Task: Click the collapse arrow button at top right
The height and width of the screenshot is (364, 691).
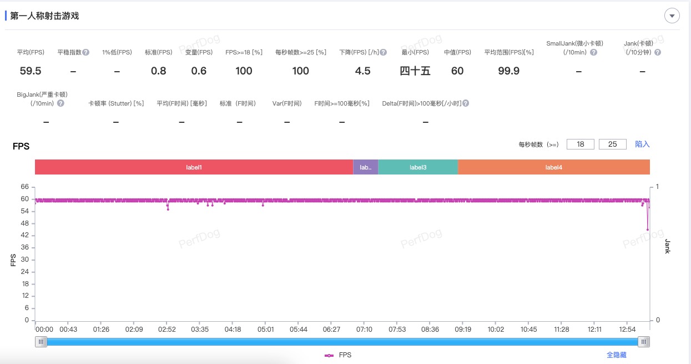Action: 672,16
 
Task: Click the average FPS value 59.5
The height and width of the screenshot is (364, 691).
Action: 30,71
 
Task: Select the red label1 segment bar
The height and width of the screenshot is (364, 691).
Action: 194,167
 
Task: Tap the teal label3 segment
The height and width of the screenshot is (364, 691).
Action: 418,167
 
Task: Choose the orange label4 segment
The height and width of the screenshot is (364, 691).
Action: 553,167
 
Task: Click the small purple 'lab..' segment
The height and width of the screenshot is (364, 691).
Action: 365,167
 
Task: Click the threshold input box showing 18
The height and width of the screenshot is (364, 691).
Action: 581,144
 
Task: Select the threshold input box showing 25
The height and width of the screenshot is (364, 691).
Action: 613,144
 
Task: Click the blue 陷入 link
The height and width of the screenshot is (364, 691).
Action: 642,144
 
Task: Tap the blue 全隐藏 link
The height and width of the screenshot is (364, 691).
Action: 616,355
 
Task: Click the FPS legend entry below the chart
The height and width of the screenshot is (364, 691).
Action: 338,355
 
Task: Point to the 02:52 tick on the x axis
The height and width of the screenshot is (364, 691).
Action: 167,330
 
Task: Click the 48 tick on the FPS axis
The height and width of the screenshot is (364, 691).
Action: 25,223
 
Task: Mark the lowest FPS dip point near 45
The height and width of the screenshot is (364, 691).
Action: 648,230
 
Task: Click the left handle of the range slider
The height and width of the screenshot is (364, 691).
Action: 41,342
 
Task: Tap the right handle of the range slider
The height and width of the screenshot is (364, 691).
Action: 643,342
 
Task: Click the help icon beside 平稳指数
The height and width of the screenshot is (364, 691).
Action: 86,52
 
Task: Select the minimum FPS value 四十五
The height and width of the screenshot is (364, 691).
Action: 415,71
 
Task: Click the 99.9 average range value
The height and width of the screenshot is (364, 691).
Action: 508,71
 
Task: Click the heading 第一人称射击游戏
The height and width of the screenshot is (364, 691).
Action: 44,16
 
